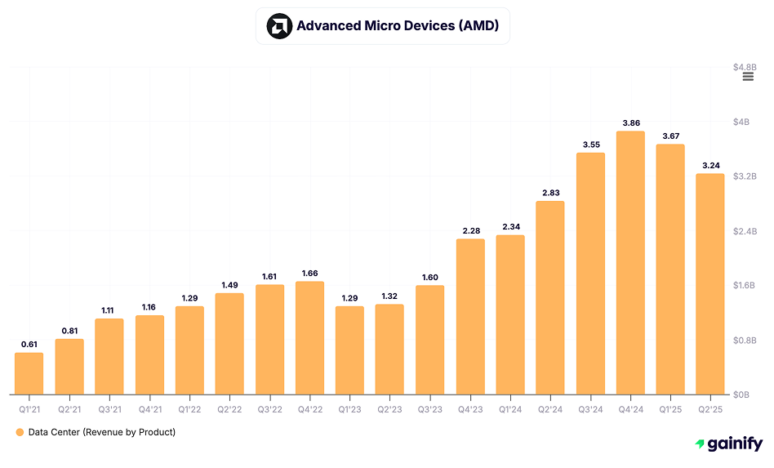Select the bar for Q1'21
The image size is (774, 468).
coord(29,373)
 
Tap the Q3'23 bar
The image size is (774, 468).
coord(429,340)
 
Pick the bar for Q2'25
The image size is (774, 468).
coord(710,284)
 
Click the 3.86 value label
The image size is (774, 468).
coord(630,123)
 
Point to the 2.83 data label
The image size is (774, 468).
coord(550,193)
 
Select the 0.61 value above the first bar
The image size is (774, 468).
coord(29,345)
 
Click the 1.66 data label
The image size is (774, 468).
coord(309,273)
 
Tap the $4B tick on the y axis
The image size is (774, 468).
coord(741,122)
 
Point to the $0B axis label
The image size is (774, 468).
coord(741,394)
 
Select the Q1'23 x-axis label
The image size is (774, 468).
coord(349,408)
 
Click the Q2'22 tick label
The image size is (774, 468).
coord(229,408)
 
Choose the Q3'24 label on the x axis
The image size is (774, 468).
coord(590,408)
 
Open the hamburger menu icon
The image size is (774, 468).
coord(748,76)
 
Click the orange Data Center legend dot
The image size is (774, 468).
coord(20,432)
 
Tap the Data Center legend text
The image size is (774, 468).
coord(101,432)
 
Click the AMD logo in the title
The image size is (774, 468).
coord(279,26)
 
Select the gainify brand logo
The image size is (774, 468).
coord(728,444)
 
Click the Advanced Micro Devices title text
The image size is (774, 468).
coord(398,26)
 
